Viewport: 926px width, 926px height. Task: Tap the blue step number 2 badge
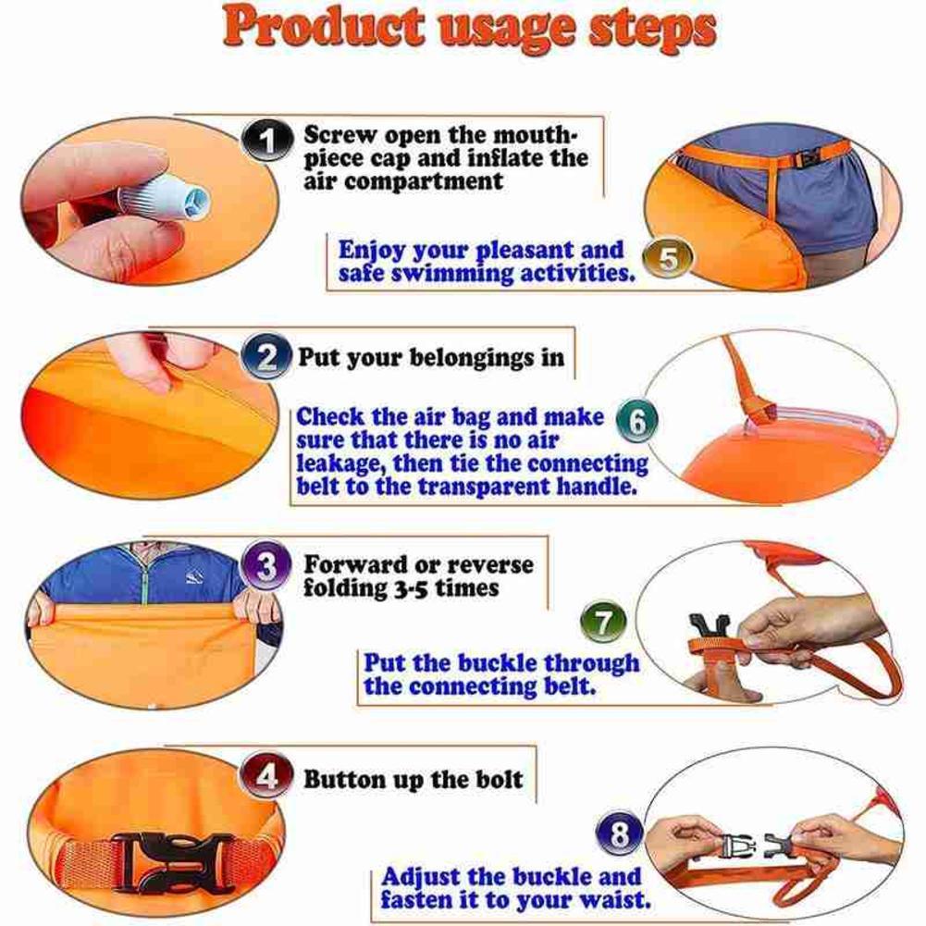265,357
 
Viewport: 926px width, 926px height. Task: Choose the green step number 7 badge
603,623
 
